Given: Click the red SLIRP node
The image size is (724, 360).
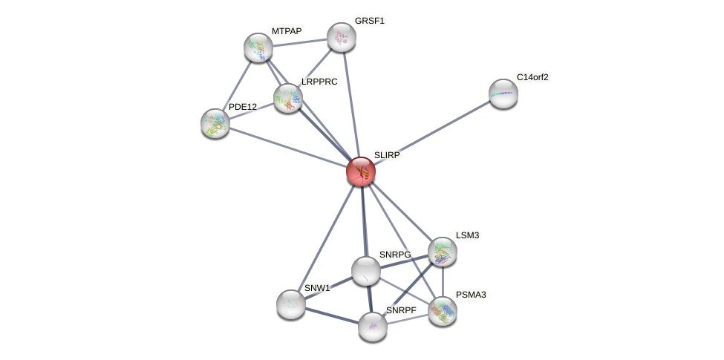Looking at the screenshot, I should (x=361, y=171).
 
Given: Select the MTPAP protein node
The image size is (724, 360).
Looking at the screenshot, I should (x=258, y=48).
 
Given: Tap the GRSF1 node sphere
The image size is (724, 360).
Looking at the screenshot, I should (x=342, y=37).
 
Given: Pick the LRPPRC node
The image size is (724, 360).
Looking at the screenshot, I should (x=288, y=98).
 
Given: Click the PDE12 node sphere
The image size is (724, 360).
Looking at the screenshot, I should (x=215, y=123).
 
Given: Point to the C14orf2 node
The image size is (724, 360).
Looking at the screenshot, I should (x=503, y=94).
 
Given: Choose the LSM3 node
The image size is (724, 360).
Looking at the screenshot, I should (x=443, y=252).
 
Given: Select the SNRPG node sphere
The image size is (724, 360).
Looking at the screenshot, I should (x=366, y=271).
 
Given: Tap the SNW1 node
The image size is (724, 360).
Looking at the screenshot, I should (x=291, y=304).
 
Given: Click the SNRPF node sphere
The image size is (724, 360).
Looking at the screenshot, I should (x=373, y=326).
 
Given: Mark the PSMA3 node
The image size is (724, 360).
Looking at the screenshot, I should (x=443, y=311).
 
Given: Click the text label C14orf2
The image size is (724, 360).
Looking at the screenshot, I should (x=532, y=77).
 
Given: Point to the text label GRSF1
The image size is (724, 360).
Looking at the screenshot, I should (x=369, y=21).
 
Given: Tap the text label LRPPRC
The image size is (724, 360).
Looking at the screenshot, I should (x=319, y=82).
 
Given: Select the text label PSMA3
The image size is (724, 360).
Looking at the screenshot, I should (x=471, y=295).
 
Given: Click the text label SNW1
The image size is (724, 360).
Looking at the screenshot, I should (x=317, y=288).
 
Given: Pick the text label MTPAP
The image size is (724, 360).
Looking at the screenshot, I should (x=287, y=31).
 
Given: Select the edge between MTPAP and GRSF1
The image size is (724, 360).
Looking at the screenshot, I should (x=300, y=42).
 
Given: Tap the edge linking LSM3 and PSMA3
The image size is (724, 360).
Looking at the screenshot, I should (x=443, y=282).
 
